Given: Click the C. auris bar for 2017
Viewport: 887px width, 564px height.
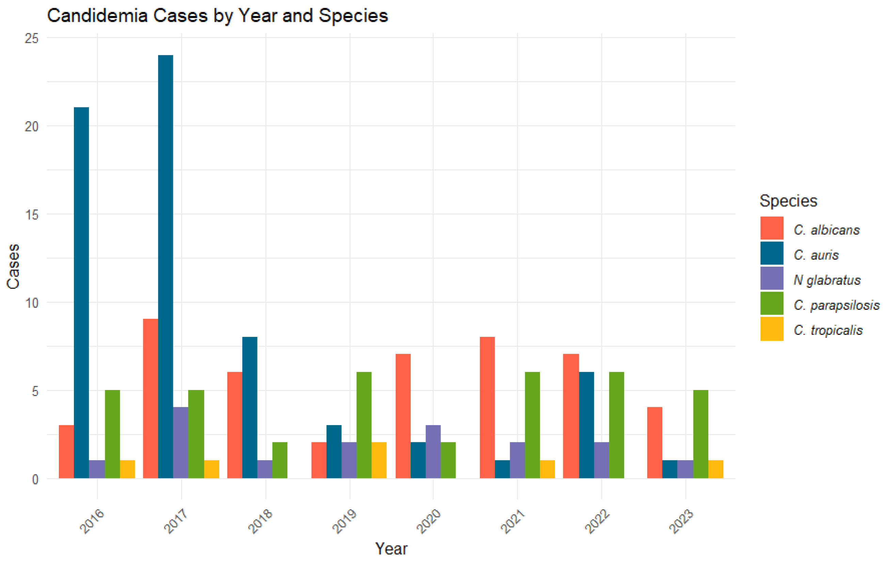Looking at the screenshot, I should pyautogui.click(x=165, y=267).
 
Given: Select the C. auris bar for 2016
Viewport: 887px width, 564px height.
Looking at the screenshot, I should pyautogui.click(x=81, y=293).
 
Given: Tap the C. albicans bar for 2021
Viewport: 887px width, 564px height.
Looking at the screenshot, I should pyautogui.click(x=487, y=407).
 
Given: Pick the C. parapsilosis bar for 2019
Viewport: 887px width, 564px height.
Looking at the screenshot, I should pyautogui.click(x=364, y=425).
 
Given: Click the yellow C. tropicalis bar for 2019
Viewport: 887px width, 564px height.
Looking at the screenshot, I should pyautogui.click(x=379, y=460).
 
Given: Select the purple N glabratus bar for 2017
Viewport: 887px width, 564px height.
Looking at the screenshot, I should pyautogui.click(x=180, y=443).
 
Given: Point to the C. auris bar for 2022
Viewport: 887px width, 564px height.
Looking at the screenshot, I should pyautogui.click(x=586, y=425).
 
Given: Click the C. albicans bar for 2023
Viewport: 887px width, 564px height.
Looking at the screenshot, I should pyautogui.click(x=654, y=443).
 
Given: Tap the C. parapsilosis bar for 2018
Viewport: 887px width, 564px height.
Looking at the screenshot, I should pyautogui.click(x=280, y=460).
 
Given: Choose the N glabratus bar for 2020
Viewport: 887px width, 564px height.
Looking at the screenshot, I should pyautogui.click(x=433, y=452).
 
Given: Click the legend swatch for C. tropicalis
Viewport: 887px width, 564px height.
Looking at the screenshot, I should pyautogui.click(x=772, y=329).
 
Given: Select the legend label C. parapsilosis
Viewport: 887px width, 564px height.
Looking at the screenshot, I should pyautogui.click(x=836, y=305).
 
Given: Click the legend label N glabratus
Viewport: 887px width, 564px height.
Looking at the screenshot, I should pyautogui.click(x=827, y=280).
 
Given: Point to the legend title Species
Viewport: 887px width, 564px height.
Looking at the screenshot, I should pyautogui.click(x=788, y=201).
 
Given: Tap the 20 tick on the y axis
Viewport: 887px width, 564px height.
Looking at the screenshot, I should pyautogui.click(x=32, y=126).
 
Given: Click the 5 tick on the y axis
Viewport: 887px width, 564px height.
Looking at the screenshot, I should pyautogui.click(x=35, y=391).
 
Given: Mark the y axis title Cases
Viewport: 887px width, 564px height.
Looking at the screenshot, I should pyautogui.click(x=13, y=266).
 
